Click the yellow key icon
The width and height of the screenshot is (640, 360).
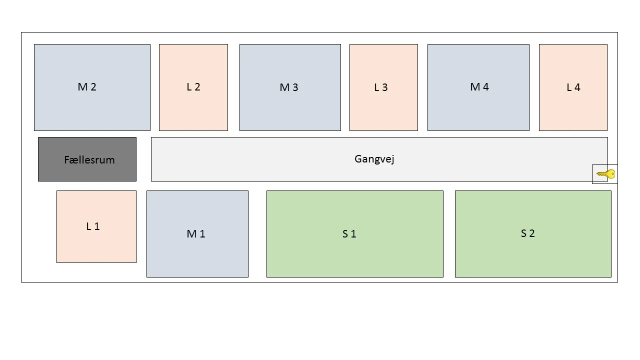pos(606,174)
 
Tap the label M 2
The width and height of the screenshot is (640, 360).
pos(87,87)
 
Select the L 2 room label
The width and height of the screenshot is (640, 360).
pos(193,87)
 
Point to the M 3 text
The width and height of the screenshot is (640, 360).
pos(289,87)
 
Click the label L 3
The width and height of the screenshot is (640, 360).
pos(381,87)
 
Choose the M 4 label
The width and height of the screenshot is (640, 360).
pos(479,87)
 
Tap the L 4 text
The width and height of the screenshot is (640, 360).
pos(573,87)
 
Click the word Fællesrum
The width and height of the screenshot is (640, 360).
pos(89,160)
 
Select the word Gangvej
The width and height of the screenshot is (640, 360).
pos(374,159)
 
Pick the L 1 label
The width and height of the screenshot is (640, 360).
pos(93,226)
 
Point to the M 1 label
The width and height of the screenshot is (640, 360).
pos(196,234)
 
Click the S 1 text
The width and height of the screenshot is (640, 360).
pos(349,234)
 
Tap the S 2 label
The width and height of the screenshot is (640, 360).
pos(528,233)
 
